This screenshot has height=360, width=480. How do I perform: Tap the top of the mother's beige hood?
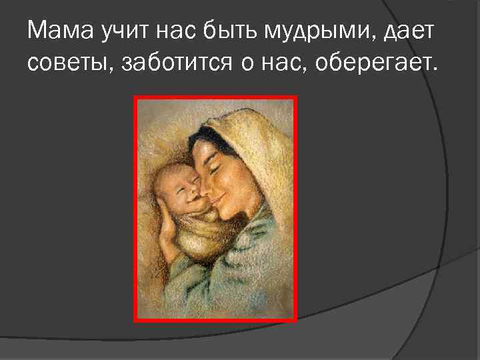click(x=240, y=120)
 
